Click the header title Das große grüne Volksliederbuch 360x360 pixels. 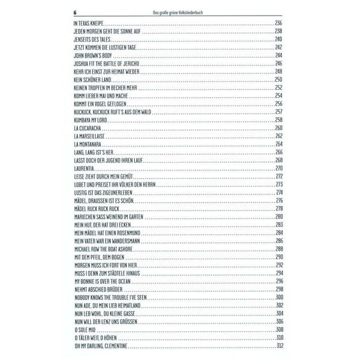tap(179, 12)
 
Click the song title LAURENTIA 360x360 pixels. tap(83, 169)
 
